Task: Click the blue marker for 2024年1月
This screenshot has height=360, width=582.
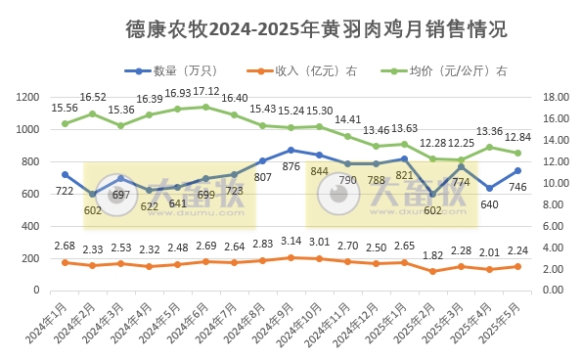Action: coord(65,174)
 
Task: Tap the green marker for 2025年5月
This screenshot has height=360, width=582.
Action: coord(518,153)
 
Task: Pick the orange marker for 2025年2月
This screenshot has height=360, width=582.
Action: coord(433,271)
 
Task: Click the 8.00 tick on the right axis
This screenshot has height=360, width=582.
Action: coord(553,204)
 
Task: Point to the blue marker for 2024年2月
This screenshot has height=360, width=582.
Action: coord(93,194)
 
